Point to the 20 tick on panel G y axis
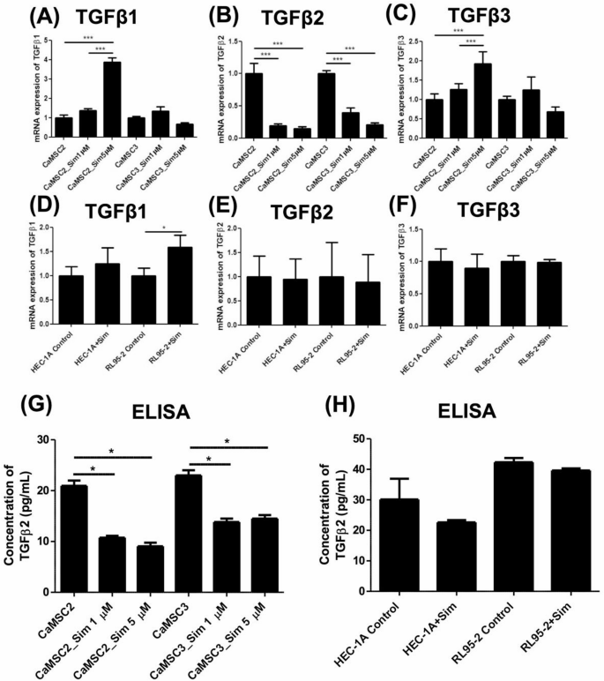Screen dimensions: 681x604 point(56,490)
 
